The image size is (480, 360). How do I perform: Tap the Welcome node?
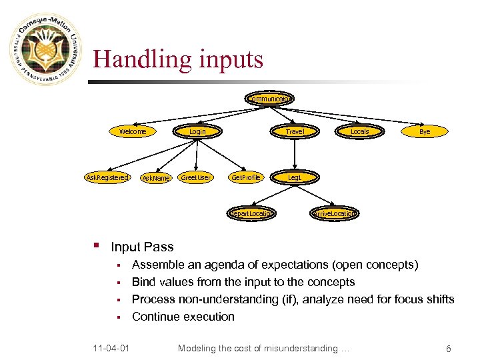pyautogui.click(x=133, y=131)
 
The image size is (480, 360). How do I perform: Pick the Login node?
pyautogui.click(x=197, y=131)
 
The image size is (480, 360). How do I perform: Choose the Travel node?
pyautogui.click(x=294, y=131)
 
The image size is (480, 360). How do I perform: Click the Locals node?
pyautogui.click(x=359, y=131)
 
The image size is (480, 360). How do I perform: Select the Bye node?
pyautogui.click(x=425, y=131)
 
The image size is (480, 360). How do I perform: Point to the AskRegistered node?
pyautogui.click(x=107, y=177)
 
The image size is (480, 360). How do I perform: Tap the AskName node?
pyautogui.click(x=156, y=178)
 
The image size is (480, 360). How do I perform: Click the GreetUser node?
pyautogui.click(x=196, y=177)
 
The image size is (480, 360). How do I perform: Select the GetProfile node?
pyautogui.click(x=245, y=177)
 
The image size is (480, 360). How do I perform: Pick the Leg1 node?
pyautogui.click(x=294, y=177)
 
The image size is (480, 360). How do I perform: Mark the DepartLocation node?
pyautogui.click(x=250, y=213)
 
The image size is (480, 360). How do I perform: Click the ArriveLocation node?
pyautogui.click(x=335, y=213)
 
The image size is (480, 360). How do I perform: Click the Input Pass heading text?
pyautogui.click(x=142, y=247)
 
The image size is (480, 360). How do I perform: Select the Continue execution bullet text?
pyautogui.click(x=183, y=317)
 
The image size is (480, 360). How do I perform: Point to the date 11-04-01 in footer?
pyautogui.click(x=111, y=348)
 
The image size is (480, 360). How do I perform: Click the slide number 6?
pyautogui.click(x=449, y=348)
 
